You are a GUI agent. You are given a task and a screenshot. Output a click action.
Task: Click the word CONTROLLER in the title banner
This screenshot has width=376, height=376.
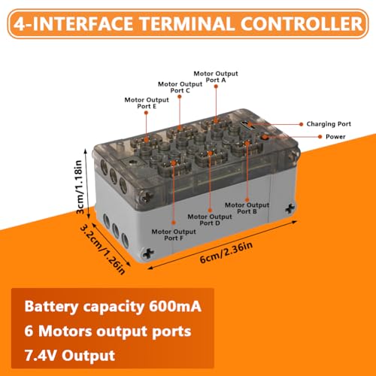pyautogui.click(x=302, y=24)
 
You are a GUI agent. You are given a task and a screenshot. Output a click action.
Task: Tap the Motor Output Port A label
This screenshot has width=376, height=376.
pyautogui.click(x=216, y=77)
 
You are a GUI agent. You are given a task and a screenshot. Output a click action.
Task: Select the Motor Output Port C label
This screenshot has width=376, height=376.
pyautogui.click(x=180, y=87)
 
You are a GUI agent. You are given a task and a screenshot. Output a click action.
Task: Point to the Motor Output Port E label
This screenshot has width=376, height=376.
pyautogui.click(x=147, y=103)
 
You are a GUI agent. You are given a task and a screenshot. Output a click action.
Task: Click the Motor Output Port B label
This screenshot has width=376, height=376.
pyautogui.click(x=247, y=208)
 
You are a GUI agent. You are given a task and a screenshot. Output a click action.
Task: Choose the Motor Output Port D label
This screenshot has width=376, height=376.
pyautogui.click(x=210, y=220)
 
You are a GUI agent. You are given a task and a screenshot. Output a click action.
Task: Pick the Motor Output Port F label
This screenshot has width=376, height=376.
pyautogui.click(x=174, y=235)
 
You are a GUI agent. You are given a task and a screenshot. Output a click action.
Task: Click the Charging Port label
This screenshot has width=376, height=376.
pyautogui.click(x=329, y=124)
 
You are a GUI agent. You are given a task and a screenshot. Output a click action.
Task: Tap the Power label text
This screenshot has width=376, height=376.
pyautogui.click(x=335, y=137)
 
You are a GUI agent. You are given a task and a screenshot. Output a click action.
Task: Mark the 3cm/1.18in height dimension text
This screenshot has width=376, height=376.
pyautogui.click(x=79, y=186)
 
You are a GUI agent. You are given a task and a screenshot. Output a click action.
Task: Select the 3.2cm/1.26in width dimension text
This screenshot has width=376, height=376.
pyautogui.click(x=102, y=249)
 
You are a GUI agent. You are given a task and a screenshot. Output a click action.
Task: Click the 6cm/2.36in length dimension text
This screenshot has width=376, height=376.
pyautogui.click(x=226, y=253)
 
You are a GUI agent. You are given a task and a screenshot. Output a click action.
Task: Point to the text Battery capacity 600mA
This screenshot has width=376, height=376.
pyautogui.click(x=113, y=307)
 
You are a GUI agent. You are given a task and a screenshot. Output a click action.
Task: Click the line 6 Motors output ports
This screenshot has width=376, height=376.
pyautogui.click(x=108, y=332)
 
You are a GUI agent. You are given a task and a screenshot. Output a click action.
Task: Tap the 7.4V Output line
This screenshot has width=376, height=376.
pyautogui.click(x=70, y=356)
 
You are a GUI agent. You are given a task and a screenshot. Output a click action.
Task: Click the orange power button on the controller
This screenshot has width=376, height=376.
pyautogui.click(x=264, y=137)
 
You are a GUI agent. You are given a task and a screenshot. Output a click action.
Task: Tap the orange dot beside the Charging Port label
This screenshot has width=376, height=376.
pyautogui.click(x=302, y=124)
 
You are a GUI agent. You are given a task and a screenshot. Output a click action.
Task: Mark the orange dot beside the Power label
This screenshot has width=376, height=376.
pyautogui.click(x=320, y=137)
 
